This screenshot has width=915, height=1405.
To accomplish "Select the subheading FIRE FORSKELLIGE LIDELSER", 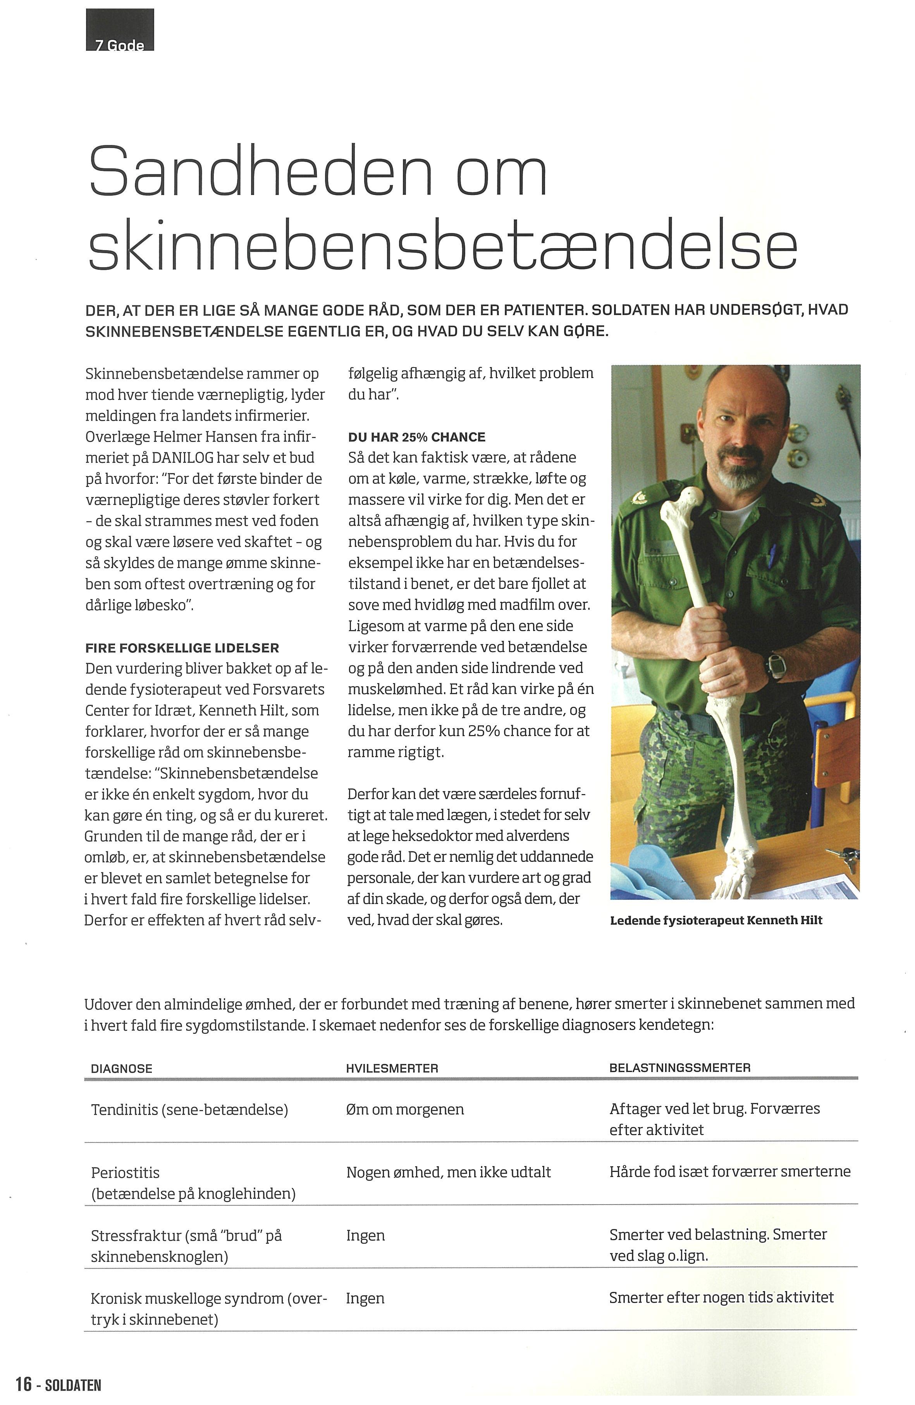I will point(182,647).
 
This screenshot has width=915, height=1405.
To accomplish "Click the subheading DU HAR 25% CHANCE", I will point(416,437).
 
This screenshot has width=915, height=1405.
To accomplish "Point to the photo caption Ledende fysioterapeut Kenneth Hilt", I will point(715,920).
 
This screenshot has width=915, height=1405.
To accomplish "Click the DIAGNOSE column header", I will point(122,1068).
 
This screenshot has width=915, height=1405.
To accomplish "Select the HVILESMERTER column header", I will point(392,1068).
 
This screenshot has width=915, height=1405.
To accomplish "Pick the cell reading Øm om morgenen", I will point(405,1109).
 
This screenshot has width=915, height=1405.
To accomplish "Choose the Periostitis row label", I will point(125,1172).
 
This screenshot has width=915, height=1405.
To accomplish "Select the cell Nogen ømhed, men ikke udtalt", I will point(448,1172).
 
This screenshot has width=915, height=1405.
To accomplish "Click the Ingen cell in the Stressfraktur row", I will point(365,1236).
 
